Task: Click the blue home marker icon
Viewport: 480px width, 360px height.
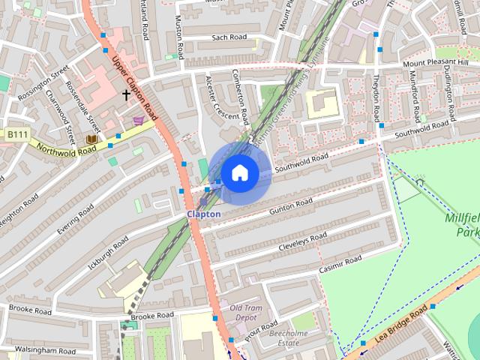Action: (239, 173)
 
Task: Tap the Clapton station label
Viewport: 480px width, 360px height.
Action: (204, 214)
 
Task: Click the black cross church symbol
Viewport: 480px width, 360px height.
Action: (127, 95)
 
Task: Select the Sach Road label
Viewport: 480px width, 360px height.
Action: (229, 37)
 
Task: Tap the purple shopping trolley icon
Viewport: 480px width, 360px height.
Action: (138, 120)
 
